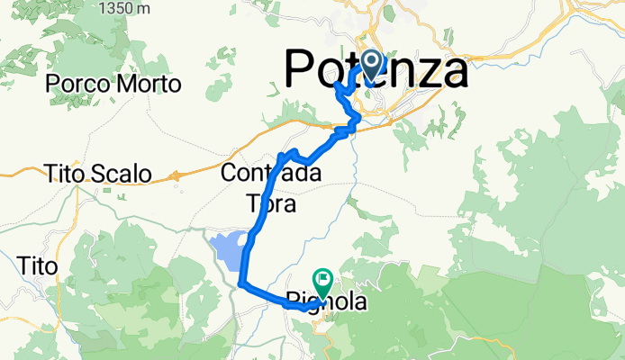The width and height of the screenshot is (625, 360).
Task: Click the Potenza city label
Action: pos(376,70)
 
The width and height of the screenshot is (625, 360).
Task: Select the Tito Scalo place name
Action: pos(100,174)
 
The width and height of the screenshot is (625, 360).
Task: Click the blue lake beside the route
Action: pos(230,251)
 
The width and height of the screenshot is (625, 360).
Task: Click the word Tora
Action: pos(271,204)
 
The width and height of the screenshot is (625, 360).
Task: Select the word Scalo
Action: pos(124,174)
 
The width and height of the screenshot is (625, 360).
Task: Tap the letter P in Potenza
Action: pos(303,70)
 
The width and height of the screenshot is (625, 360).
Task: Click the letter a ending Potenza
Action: pos(451,72)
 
